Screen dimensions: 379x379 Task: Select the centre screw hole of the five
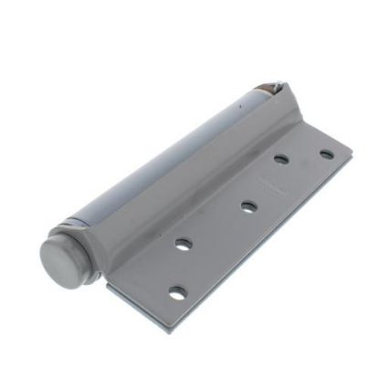[247, 205]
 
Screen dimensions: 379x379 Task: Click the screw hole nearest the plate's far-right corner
[326, 154]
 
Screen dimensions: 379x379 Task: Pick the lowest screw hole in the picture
[178, 293]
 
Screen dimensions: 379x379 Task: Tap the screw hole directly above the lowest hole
[184, 245]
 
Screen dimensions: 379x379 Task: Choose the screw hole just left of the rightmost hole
[281, 159]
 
